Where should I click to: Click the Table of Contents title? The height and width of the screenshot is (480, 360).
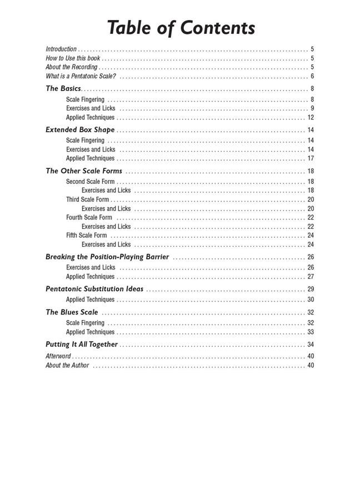point(181,27)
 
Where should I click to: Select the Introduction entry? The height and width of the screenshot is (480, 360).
point(61,49)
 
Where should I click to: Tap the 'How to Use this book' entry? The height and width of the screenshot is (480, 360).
point(73,58)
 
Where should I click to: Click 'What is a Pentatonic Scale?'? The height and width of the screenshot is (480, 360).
point(81,76)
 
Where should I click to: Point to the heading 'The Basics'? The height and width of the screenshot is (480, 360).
point(63,88)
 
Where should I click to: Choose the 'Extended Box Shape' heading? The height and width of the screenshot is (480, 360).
point(80,129)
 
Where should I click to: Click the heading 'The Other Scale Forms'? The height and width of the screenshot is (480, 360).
point(84,171)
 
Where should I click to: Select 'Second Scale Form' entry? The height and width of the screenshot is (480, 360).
point(90,182)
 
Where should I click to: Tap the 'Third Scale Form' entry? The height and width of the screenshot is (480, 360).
point(87,199)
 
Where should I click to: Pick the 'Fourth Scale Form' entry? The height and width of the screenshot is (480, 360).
point(89,217)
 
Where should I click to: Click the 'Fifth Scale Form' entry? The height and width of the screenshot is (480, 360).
point(86,235)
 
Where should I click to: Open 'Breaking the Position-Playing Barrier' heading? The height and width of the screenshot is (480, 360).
point(107,257)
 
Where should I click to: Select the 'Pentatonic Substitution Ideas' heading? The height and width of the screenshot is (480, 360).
point(94,289)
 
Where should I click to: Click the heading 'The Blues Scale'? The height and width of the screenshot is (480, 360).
point(72,312)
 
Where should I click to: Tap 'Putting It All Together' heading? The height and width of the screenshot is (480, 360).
point(82,344)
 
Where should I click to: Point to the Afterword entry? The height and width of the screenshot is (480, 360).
point(58,356)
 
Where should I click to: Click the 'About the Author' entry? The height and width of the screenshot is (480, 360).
point(67,365)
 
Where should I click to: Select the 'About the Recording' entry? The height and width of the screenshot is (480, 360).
point(71,67)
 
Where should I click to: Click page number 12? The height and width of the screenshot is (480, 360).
point(311,118)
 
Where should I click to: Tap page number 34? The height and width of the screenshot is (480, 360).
point(311,344)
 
